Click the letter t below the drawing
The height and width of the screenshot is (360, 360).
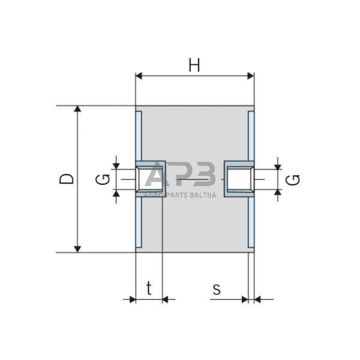pyautogui.click(x=148, y=289)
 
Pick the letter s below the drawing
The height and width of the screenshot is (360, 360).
pyautogui.click(x=216, y=289)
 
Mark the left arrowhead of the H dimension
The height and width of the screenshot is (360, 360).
pyautogui.click(x=139, y=76)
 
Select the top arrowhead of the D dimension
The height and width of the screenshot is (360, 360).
pyautogui.click(x=77, y=110)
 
